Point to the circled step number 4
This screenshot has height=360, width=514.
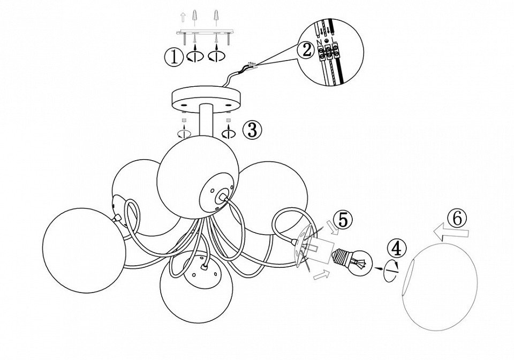[396, 249]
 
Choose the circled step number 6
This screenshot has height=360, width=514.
[456, 218]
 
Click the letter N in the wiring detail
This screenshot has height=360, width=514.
[320, 41]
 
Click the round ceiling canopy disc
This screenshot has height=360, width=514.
[206, 99]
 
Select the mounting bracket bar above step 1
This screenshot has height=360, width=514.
[206, 32]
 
